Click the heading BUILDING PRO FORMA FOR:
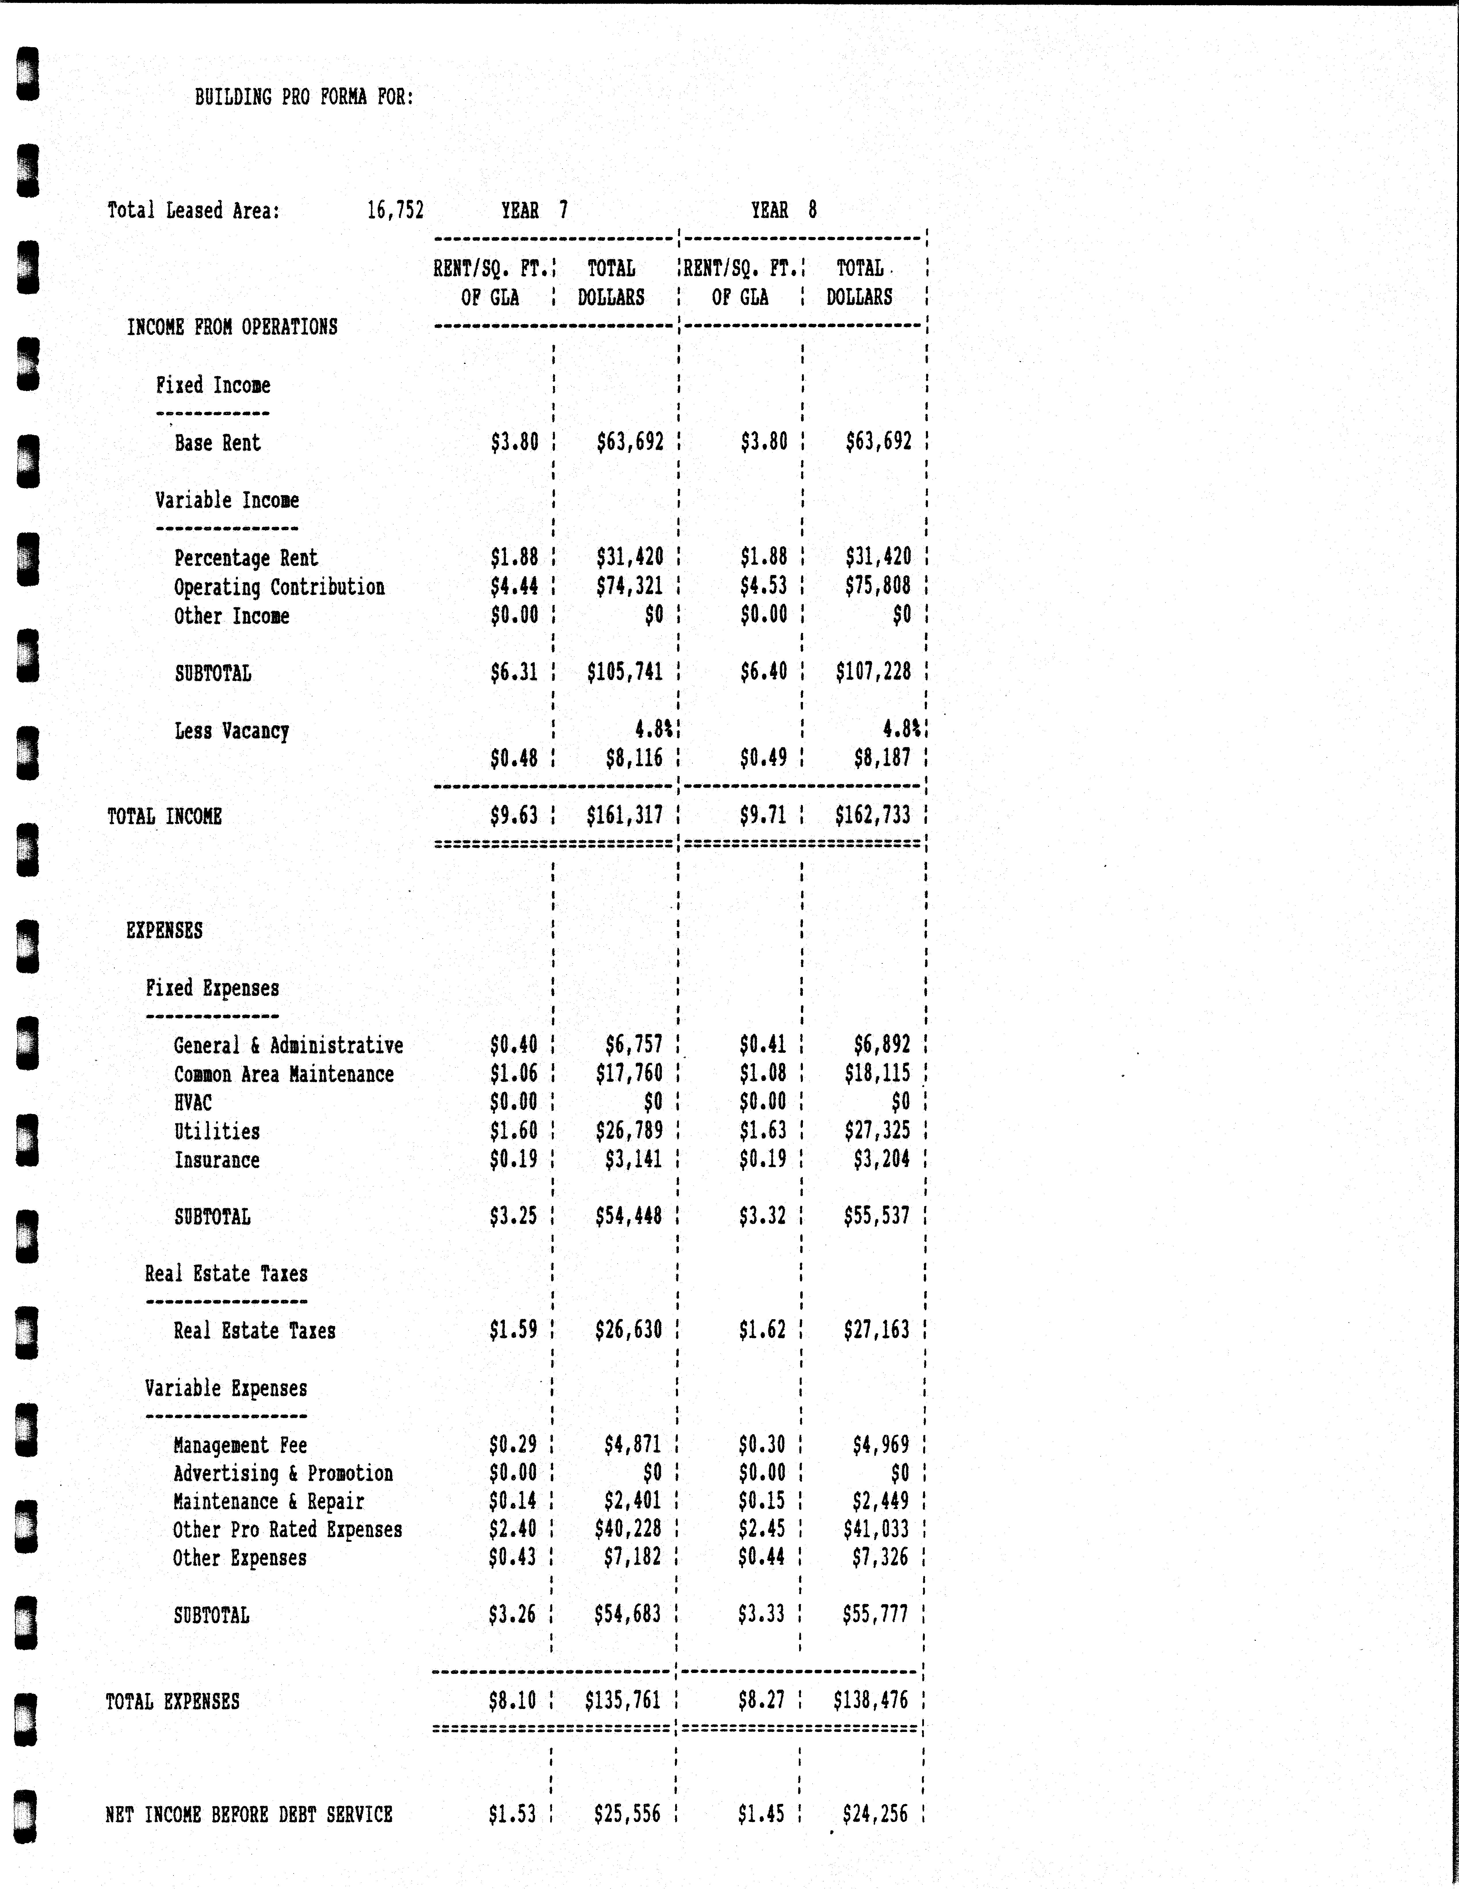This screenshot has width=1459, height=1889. (x=303, y=97)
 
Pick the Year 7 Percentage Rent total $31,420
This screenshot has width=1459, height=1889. (x=630, y=557)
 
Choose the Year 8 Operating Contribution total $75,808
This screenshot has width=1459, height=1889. (x=878, y=586)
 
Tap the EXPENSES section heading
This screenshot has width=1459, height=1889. (x=164, y=931)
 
